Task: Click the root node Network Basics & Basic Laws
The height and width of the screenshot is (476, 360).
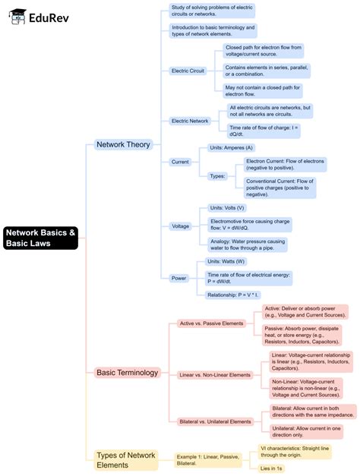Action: [39, 238]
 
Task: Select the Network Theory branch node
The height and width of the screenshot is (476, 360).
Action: [123, 144]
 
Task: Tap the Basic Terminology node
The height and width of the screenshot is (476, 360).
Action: [127, 373]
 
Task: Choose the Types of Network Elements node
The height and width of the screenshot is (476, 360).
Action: [126, 460]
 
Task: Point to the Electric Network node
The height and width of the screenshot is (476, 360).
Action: [190, 121]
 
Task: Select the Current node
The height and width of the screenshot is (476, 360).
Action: [180, 162]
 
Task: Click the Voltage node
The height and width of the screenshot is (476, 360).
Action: [181, 226]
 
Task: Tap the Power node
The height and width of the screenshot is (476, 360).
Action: [178, 278]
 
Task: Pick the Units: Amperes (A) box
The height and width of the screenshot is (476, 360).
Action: [232, 147]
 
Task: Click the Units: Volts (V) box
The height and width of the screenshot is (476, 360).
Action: [227, 207]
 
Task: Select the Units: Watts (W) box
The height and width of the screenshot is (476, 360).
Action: [226, 261]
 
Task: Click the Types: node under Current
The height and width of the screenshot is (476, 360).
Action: [218, 176]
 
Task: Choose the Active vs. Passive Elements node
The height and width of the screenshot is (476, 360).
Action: [211, 323]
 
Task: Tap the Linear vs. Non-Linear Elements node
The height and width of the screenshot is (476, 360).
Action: [215, 375]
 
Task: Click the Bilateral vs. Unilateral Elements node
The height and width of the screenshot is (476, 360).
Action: [215, 421]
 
